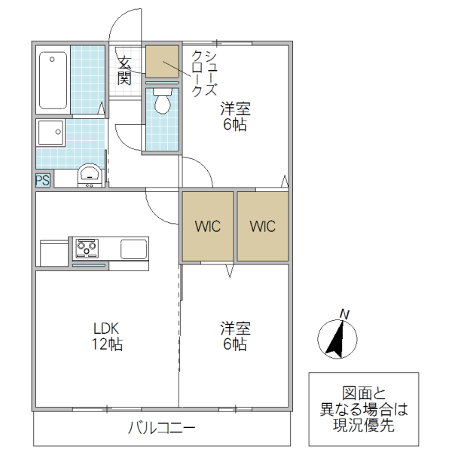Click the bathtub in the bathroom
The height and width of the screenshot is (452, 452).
point(53,81)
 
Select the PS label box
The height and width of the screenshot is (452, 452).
point(42,180)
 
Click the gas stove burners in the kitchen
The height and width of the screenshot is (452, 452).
point(87,247)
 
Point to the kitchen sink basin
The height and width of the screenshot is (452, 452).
point(133,249)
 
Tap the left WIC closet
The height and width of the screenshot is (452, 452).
point(208,227)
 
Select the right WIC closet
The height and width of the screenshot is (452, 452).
point(263,227)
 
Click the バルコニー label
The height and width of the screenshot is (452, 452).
point(161,429)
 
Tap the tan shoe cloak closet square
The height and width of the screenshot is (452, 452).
point(162,62)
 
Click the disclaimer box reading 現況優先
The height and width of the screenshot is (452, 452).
point(363,409)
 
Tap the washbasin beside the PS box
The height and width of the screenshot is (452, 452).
point(90,176)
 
